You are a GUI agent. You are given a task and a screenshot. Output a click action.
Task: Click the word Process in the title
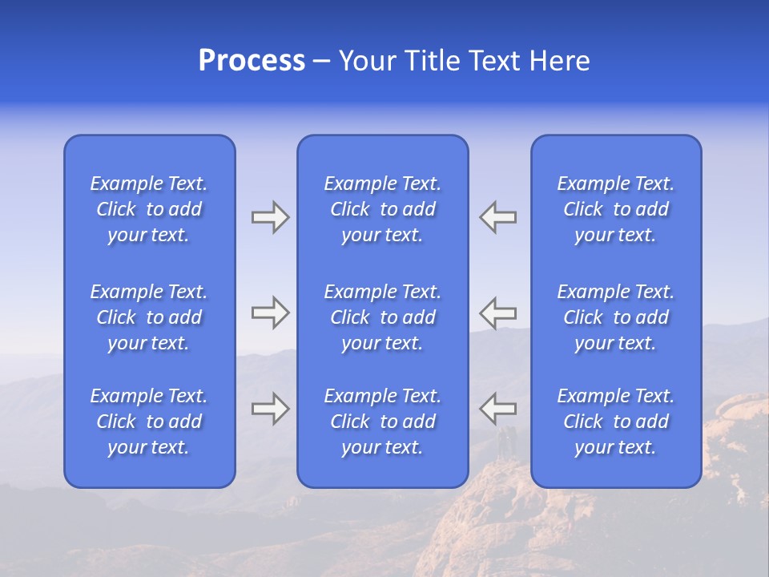click(252, 61)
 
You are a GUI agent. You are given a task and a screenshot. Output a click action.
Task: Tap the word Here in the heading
click(559, 61)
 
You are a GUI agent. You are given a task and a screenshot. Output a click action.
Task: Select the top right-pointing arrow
click(270, 217)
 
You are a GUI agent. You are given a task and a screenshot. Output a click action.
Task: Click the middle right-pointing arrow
click(270, 313)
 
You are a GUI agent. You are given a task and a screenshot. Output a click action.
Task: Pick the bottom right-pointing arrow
click(270, 409)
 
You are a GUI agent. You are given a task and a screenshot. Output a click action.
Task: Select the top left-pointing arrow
click(498, 217)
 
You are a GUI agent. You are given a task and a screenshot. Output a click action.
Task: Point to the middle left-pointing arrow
click(498, 313)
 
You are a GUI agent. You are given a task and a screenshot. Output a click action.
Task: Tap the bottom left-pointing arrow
click(498, 409)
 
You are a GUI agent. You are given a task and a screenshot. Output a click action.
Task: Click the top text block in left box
click(149, 209)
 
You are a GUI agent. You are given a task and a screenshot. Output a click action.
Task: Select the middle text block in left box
click(149, 317)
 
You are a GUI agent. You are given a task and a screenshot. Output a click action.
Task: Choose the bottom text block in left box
click(149, 422)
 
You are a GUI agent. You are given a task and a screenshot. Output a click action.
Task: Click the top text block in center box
click(383, 209)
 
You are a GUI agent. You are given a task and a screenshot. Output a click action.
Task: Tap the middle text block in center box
click(383, 317)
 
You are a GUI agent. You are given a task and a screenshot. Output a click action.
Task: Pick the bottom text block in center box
click(383, 422)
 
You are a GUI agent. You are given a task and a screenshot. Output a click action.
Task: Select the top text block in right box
click(616, 209)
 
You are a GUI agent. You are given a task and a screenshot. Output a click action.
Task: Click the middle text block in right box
click(616, 317)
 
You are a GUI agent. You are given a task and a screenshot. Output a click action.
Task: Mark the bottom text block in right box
click(616, 422)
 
